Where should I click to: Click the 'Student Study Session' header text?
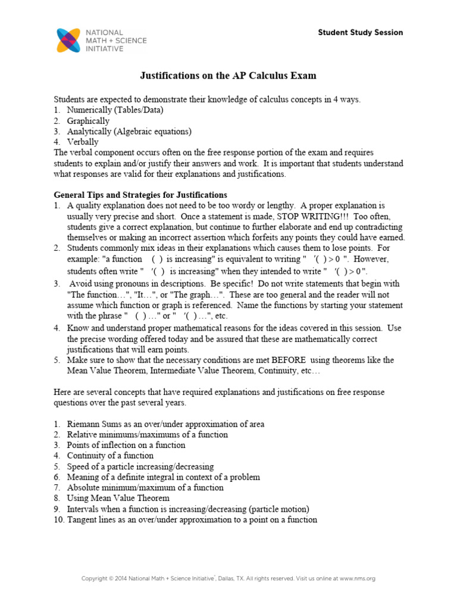tap(360, 33)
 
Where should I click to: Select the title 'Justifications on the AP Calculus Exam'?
tap(228, 76)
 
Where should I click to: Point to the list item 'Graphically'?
tap(88, 121)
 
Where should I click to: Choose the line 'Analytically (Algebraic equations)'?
tap(129, 132)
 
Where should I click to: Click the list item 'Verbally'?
tap(83, 142)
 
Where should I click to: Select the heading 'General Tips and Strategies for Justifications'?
tap(140, 195)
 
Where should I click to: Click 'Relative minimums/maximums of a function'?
tap(147, 435)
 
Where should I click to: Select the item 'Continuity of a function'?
tap(110, 456)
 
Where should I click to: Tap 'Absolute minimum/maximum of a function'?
tap(145, 487)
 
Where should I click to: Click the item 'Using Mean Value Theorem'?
tap(118, 498)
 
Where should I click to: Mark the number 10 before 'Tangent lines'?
tap(58, 519)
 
